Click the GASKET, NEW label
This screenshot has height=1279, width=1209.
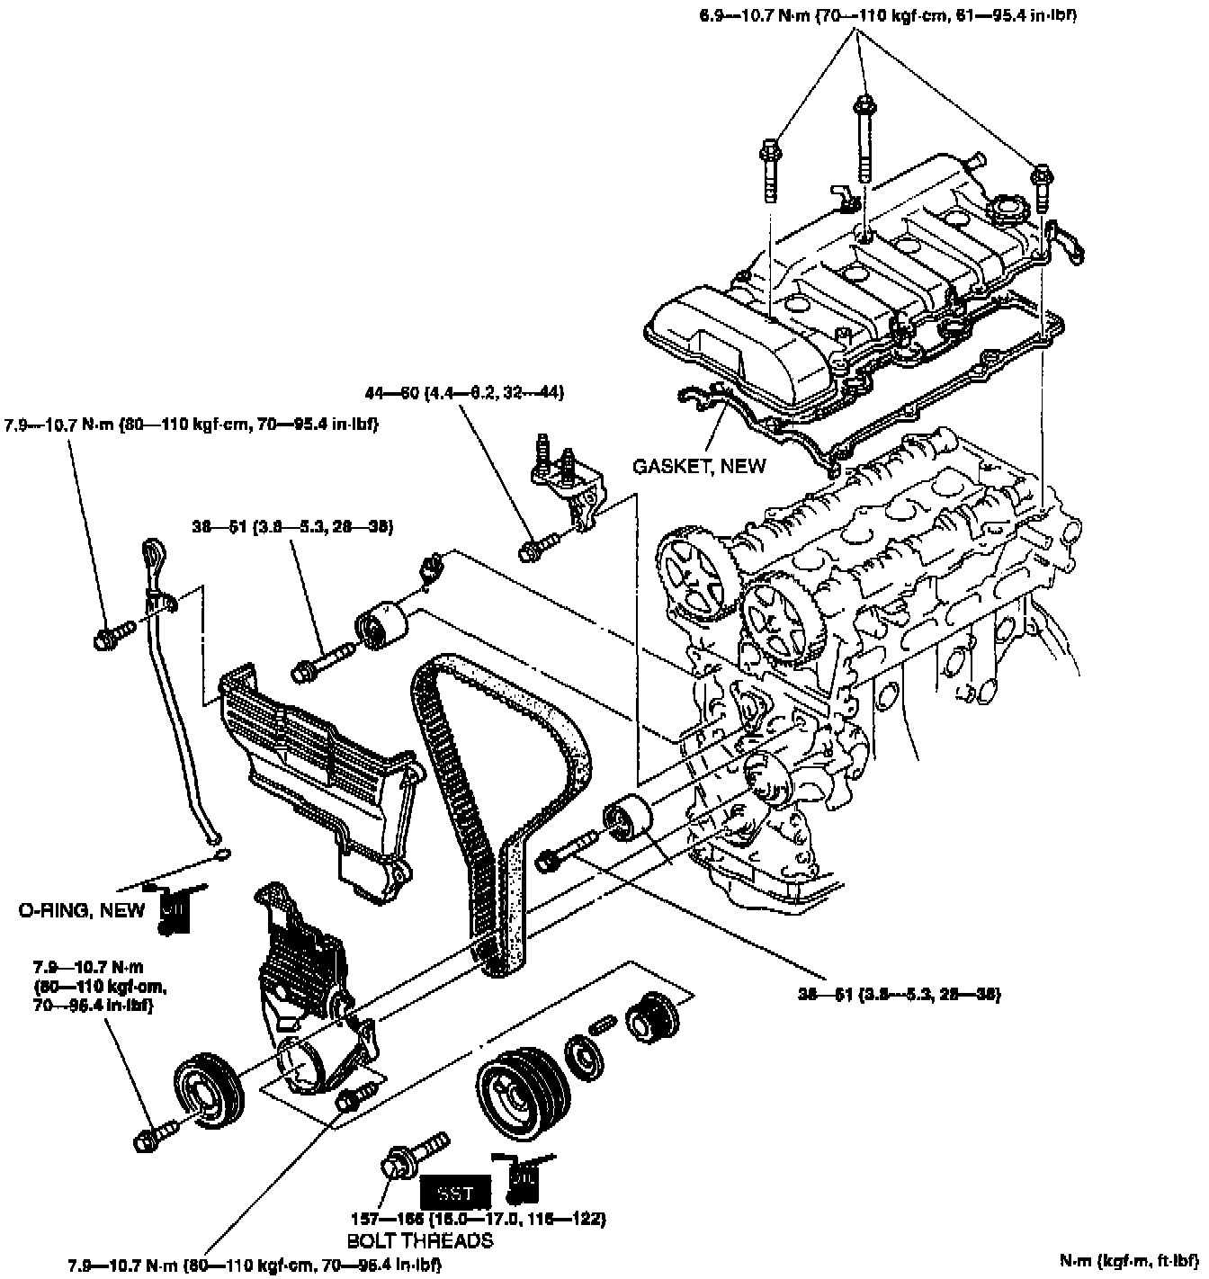[699, 465]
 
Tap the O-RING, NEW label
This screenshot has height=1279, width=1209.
[82, 910]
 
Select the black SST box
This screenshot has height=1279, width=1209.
[455, 1194]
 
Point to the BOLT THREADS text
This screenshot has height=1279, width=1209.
[420, 1240]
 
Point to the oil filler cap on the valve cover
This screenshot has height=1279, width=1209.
[1005, 213]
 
